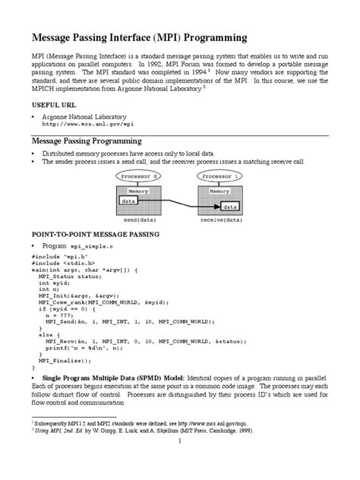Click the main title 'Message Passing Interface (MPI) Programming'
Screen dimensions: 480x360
click(138, 37)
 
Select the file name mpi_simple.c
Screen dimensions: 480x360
click(90, 248)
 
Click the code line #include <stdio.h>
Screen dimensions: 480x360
click(63, 264)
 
